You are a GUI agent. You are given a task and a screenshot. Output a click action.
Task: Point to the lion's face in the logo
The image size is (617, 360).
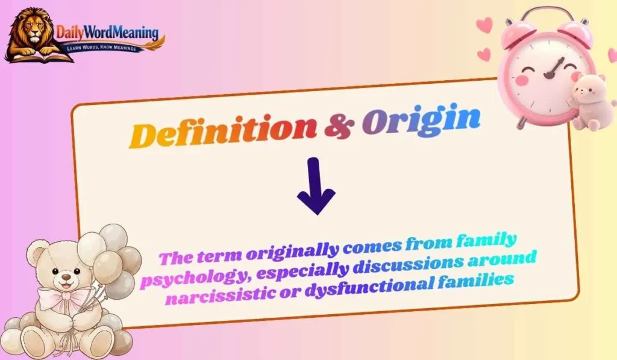pos(31,30)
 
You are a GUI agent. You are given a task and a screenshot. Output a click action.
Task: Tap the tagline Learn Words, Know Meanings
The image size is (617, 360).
pos(105,46)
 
